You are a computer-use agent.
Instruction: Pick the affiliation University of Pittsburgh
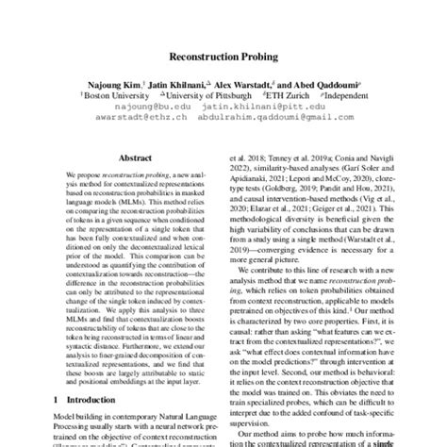(197, 95)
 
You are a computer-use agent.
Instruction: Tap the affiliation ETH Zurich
(269, 95)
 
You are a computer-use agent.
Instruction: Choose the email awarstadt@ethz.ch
(128, 118)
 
